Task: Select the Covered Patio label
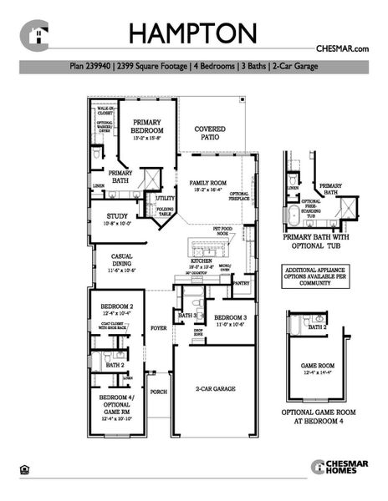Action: point(210,134)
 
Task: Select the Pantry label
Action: point(242,284)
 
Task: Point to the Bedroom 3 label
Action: point(227,317)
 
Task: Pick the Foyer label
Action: point(158,328)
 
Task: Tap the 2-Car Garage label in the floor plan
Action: point(216,389)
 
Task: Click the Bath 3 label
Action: point(186,316)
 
